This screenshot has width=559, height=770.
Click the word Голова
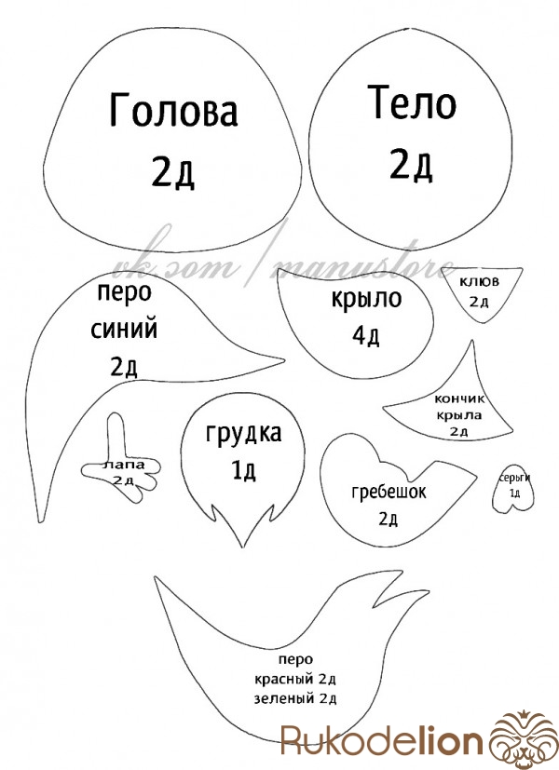pos(173,109)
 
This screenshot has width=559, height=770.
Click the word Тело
pos(412,102)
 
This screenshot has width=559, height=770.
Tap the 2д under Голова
pos(172,172)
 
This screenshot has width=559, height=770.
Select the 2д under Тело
pos(411,165)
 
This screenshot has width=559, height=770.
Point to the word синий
pos(124,328)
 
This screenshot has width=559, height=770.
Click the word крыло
pos(366,299)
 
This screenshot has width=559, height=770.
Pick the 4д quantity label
pos(366,335)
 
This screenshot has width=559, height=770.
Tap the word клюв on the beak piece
pos(479,281)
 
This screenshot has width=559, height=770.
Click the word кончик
pos(459,399)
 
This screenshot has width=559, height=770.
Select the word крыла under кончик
pos(458,415)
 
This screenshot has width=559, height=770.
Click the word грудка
pos(244,434)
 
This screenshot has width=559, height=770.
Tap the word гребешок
pos(389,492)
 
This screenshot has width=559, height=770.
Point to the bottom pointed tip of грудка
pos(241,547)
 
